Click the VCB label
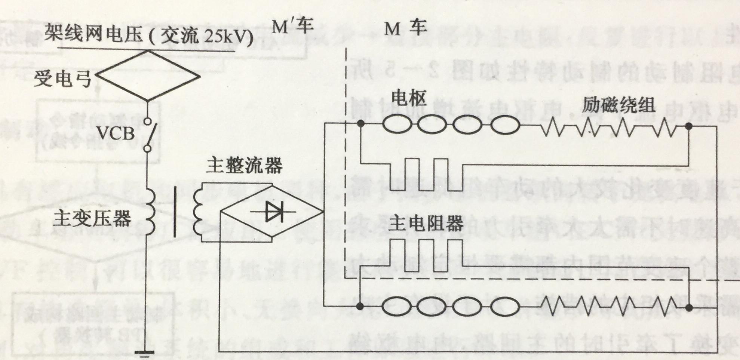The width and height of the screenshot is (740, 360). click(117, 133)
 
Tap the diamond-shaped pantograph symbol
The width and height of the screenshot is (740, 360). click(148, 76)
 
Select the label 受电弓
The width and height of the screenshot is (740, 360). click(62, 79)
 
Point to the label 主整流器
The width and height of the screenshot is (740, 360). click(245, 165)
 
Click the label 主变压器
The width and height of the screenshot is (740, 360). click(92, 218)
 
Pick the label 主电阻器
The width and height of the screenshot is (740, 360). click(426, 223)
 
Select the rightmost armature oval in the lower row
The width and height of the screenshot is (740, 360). click(505, 307)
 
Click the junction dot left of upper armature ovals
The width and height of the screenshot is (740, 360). click(360, 123)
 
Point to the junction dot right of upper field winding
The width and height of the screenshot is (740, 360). click(689, 127)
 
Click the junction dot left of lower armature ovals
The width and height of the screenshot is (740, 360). click(360, 307)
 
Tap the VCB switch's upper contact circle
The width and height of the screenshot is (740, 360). click(148, 121)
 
